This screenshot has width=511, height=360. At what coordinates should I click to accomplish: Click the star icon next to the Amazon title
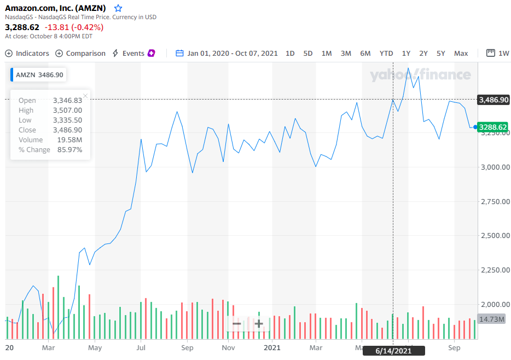point(118,8)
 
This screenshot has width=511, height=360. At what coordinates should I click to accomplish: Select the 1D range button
point(290,53)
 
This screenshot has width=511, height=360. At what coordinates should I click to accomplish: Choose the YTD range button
point(386,53)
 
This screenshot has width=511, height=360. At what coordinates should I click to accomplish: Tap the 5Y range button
point(441,53)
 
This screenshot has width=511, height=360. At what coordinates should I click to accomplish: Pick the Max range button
point(461,53)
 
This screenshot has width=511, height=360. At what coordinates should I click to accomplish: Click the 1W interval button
point(498,53)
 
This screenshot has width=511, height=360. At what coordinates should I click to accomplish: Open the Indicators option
point(27,53)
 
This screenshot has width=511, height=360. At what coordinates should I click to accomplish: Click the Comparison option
point(80,53)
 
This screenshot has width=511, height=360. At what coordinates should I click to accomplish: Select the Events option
point(133,53)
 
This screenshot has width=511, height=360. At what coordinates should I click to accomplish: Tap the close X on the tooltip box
point(85,96)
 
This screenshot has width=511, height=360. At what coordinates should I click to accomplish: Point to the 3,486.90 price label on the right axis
point(493,100)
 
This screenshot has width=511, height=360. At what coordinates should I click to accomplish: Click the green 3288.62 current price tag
point(493,127)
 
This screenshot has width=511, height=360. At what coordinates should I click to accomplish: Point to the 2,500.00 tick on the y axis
point(493,236)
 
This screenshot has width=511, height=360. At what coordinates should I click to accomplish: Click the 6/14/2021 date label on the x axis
point(394,350)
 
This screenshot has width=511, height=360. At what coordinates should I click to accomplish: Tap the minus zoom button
point(237,323)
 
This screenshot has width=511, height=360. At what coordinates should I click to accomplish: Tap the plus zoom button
point(259,323)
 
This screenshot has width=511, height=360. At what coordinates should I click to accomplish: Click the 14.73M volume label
point(492,319)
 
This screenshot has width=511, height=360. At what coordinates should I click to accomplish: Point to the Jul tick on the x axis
point(141,347)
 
